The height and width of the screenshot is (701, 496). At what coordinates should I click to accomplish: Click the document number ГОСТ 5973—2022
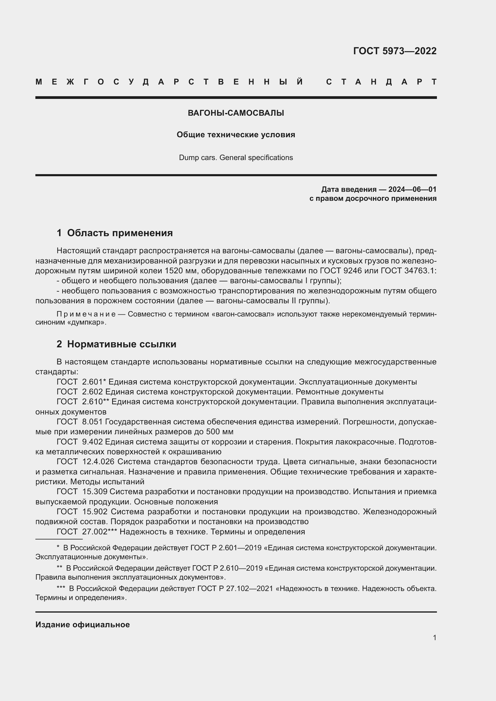click(x=395, y=51)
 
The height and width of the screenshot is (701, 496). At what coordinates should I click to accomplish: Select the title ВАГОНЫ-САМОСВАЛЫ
click(x=236, y=113)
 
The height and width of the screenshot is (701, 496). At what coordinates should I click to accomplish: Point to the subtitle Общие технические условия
click(x=236, y=135)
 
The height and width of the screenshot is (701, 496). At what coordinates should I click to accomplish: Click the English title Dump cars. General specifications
click(x=236, y=158)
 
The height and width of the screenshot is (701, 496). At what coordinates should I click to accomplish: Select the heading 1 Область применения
click(x=115, y=233)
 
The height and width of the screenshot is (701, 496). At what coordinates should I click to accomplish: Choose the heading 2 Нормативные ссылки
click(x=116, y=344)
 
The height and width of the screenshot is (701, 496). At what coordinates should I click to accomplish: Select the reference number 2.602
click(x=93, y=392)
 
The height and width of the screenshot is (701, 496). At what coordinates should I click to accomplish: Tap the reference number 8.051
click(x=93, y=422)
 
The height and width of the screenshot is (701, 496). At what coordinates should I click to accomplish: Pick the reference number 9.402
click(x=93, y=442)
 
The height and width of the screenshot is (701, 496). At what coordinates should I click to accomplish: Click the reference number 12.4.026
click(x=98, y=462)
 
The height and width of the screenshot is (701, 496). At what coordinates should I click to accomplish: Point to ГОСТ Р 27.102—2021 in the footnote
click(x=235, y=588)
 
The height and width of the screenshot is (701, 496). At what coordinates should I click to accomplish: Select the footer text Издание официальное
click(x=82, y=625)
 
